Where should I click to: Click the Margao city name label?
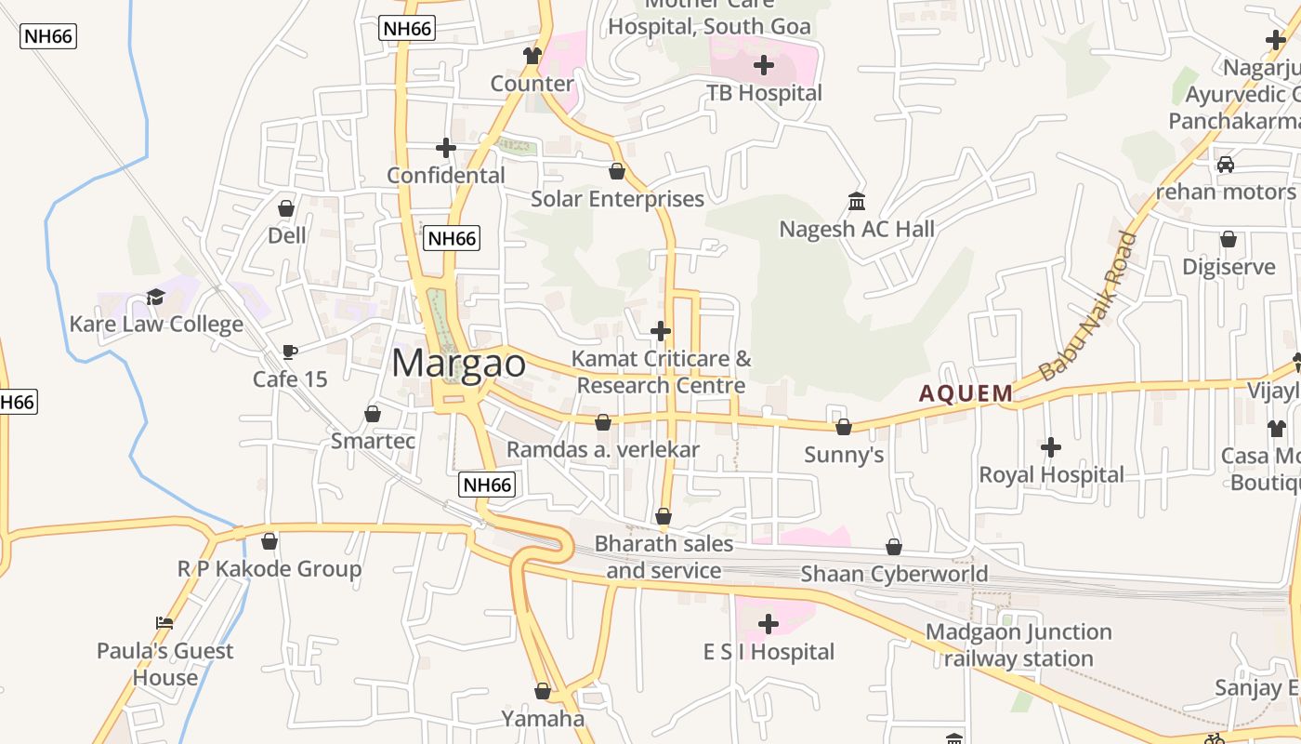[458, 363]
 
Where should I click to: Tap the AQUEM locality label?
[966, 393]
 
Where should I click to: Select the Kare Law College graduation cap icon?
[155, 298]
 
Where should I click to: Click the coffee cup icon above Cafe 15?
[289, 352]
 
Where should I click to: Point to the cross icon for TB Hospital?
[764, 65]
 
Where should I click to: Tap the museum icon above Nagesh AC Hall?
[857, 201]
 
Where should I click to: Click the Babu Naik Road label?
[1087, 307]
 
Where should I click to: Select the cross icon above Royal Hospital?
[1051, 448]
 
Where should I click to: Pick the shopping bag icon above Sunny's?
[844, 427]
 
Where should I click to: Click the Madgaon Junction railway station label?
[1018, 645]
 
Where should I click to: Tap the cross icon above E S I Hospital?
[769, 624]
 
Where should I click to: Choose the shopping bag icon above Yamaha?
[543, 692]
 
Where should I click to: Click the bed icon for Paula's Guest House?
[164, 623]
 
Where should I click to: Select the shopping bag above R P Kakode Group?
[269, 540]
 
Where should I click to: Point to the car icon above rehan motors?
[1226, 165]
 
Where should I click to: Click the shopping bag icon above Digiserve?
[1229, 239]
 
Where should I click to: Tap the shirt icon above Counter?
[532, 56]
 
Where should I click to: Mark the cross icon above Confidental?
[446, 148]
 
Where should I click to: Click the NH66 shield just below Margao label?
[487, 485]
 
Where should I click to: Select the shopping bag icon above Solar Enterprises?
[617, 171]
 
